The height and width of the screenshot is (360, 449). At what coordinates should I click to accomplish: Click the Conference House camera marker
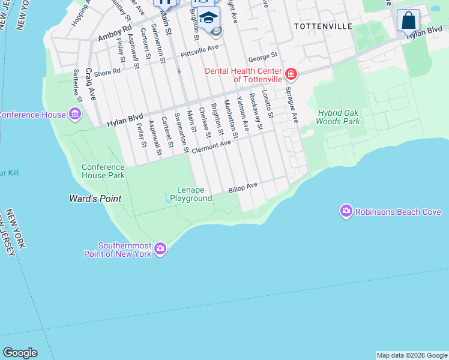pyautogui.click(x=75, y=114)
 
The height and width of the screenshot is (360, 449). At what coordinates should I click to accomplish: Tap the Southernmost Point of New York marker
pyautogui.click(x=160, y=248)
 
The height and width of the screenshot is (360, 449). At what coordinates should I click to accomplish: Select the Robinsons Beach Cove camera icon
pyautogui.click(x=346, y=211)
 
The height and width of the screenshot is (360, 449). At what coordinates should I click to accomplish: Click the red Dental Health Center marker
pyautogui.click(x=291, y=74)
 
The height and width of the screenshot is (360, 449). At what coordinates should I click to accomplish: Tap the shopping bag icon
pyautogui.click(x=408, y=20)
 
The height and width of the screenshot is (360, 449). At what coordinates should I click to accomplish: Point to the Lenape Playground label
pyautogui.click(x=191, y=194)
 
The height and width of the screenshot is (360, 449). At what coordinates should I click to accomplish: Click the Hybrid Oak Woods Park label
pyautogui.click(x=339, y=117)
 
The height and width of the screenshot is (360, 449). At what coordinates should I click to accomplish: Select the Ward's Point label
pyautogui.click(x=95, y=199)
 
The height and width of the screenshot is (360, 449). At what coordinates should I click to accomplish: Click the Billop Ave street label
pyautogui.click(x=243, y=188)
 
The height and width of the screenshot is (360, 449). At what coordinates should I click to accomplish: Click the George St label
pyautogui.click(x=263, y=57)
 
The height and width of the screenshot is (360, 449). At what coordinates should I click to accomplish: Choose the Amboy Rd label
pyautogui.click(x=114, y=33)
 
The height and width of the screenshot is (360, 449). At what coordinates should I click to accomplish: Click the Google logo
pyautogui.click(x=20, y=353)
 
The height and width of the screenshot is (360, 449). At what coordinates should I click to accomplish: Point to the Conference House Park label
pyautogui.click(x=103, y=171)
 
